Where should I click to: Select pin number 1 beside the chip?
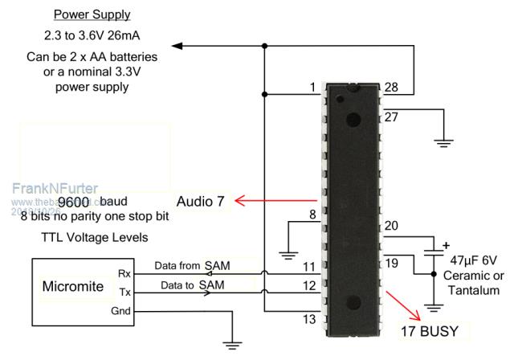[313, 87]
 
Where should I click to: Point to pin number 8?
[312, 214]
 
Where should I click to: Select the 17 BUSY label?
[434, 330]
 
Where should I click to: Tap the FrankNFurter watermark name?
[54, 188]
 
